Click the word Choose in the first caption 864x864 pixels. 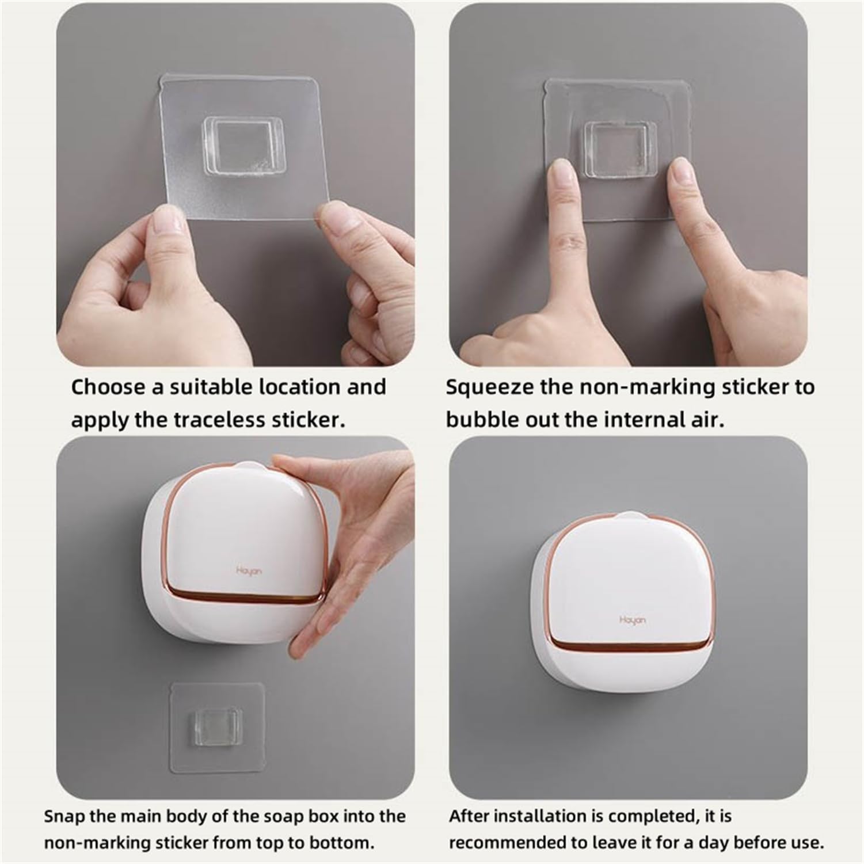107,387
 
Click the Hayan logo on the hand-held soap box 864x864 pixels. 249,570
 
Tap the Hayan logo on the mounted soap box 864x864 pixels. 632,620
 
